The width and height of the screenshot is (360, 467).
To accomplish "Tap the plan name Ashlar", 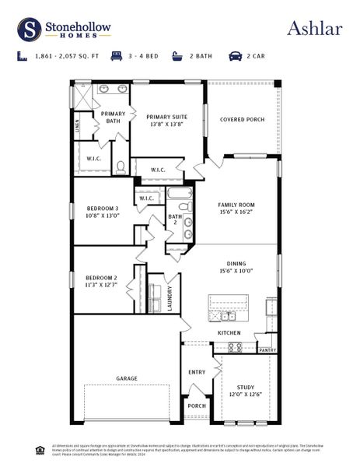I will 315,29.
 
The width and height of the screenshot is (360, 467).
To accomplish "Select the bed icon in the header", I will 117,56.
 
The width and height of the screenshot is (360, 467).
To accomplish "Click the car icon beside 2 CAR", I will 234,56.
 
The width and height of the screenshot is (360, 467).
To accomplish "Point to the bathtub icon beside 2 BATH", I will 176,56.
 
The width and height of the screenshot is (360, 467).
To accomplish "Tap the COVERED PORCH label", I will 243,119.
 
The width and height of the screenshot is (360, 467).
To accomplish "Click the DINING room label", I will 236,267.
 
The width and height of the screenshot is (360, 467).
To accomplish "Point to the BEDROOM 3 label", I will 102,212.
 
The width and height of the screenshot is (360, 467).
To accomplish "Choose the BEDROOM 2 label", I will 102,281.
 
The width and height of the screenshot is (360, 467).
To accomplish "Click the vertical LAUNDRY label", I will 170,300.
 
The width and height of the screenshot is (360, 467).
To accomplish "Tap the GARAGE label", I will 127,378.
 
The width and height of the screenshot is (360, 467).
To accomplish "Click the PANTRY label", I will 267,350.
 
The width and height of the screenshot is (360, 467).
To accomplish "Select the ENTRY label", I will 197,372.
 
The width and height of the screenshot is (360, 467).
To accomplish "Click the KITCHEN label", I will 229,332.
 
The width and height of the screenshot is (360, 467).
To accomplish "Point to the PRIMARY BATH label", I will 114,118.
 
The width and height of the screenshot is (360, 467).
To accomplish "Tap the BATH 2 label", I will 176,219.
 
